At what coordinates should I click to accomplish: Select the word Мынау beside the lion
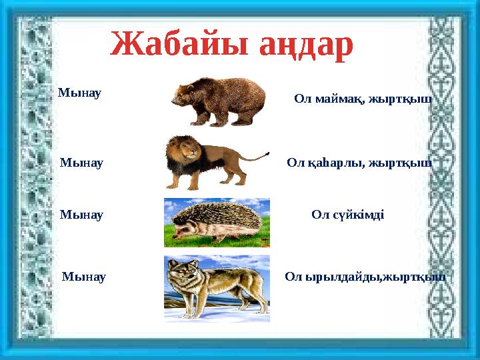click(81, 162)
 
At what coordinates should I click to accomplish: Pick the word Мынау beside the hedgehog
click(81, 215)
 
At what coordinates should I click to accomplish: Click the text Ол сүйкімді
click(347, 215)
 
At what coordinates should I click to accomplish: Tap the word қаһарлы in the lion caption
click(333, 162)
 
